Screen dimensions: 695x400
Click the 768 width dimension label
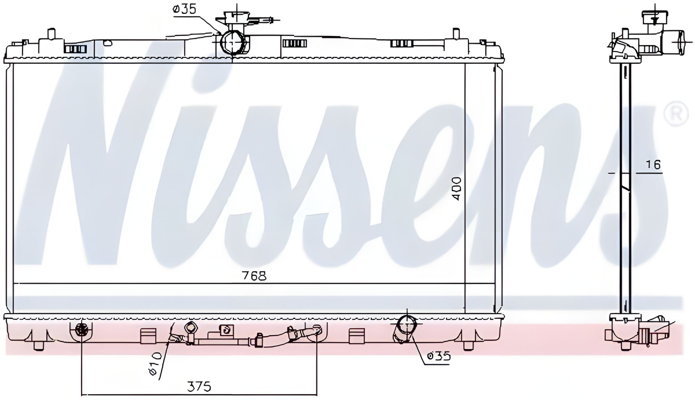click(x=254, y=276)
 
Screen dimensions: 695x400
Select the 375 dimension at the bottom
click(x=199, y=387)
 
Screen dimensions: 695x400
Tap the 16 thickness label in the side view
click(x=653, y=165)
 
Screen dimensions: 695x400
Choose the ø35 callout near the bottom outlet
click(x=439, y=356)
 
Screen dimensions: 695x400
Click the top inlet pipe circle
click(x=231, y=42)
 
